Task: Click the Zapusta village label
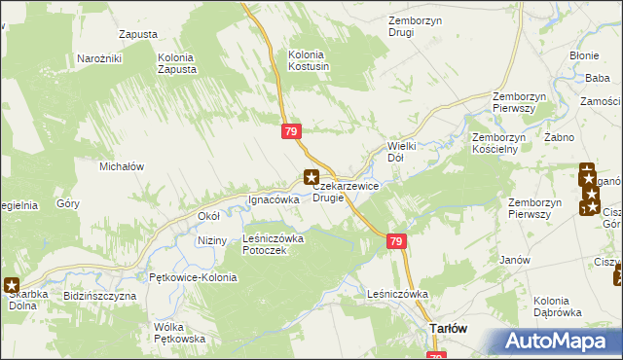138,34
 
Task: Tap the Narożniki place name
98,59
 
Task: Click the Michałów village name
122,166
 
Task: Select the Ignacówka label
274,199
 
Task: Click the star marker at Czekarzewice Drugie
311,177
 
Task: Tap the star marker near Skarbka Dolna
12,286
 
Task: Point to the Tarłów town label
449,329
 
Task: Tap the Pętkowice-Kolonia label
188,277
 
